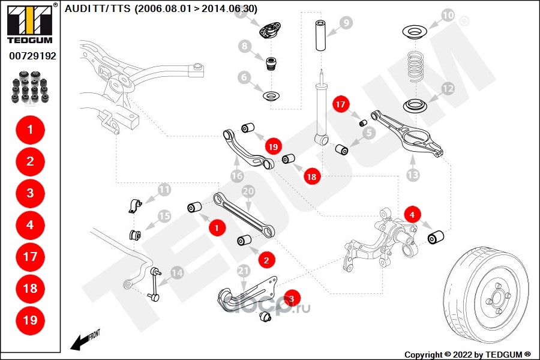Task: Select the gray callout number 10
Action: (x=448, y=15)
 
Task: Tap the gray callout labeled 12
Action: (x=448, y=89)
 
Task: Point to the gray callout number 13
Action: (x=413, y=175)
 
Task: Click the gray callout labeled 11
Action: (x=164, y=191)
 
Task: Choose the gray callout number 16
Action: (x=237, y=176)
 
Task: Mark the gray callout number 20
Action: (x=248, y=191)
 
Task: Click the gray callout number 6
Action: (x=244, y=77)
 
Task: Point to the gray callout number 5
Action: (x=368, y=131)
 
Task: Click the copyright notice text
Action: (x=467, y=354)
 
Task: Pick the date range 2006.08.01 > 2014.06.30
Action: (x=196, y=8)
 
